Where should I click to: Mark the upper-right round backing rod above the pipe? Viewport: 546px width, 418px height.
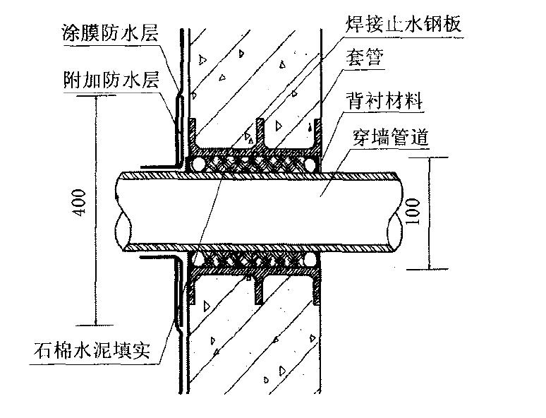point(310,165)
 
